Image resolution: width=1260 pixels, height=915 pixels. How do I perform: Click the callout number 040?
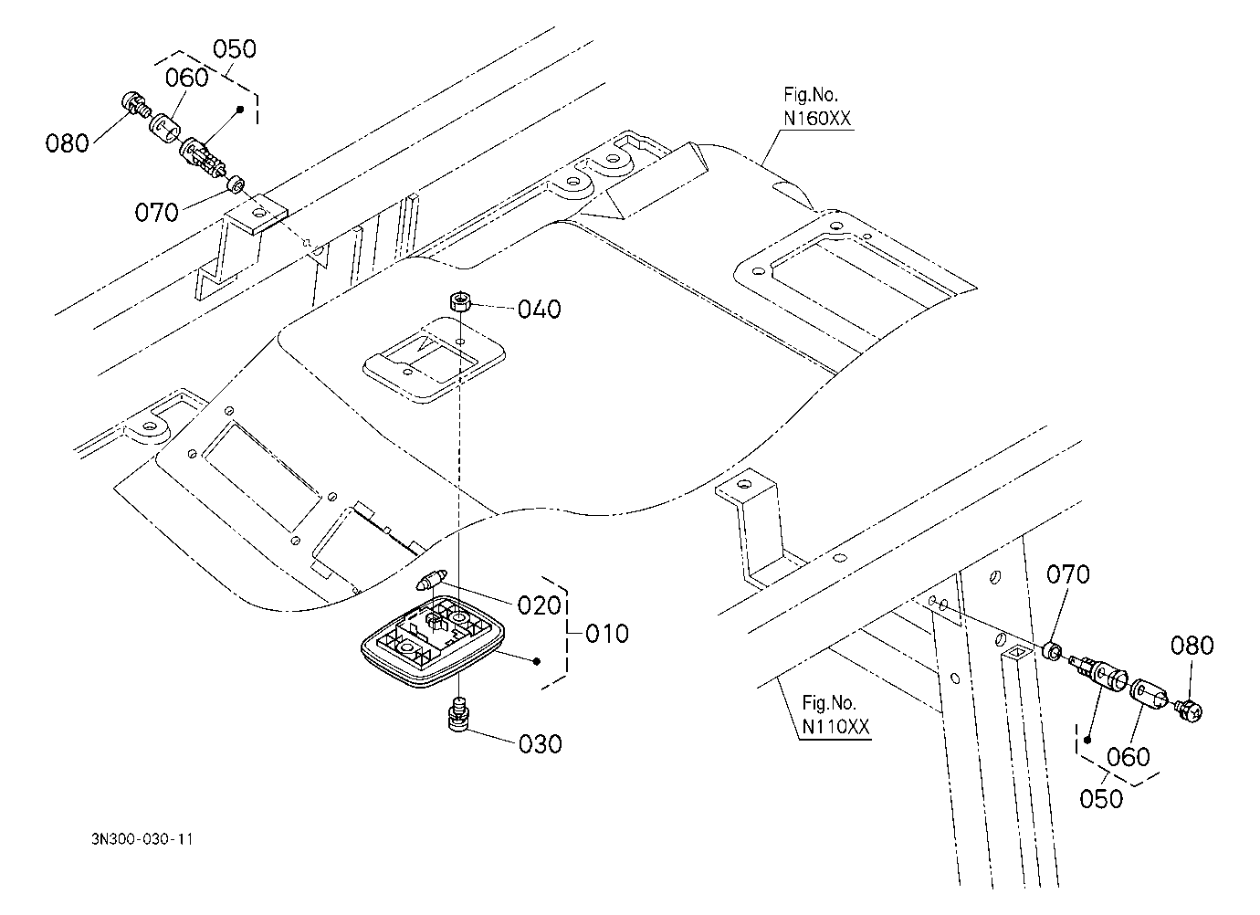click(x=539, y=310)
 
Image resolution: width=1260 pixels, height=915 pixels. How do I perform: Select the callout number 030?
click(x=540, y=744)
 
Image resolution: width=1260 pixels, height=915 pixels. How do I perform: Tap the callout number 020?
click(x=539, y=605)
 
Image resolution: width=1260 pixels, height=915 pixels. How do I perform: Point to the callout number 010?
click(x=607, y=634)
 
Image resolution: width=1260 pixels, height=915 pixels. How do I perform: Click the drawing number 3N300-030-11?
click(x=142, y=839)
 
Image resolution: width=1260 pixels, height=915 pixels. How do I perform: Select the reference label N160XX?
click(x=817, y=119)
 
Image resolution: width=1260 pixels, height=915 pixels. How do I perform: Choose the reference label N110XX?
click(x=835, y=727)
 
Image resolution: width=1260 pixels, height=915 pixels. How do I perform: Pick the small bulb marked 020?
click(x=431, y=580)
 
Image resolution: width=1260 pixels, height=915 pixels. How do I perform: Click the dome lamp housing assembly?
click(x=433, y=641)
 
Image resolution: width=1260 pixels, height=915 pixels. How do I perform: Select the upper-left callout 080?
click(x=67, y=143)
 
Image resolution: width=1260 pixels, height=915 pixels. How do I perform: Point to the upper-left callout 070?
click(x=156, y=213)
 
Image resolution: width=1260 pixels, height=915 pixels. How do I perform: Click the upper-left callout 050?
click(x=235, y=49)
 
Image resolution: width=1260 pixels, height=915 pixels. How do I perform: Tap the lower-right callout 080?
click(x=1192, y=646)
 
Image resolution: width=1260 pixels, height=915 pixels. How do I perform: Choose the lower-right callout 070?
click(x=1067, y=574)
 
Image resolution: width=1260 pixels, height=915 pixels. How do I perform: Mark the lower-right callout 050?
click(x=1101, y=799)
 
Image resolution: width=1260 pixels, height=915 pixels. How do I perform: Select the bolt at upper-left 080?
click(x=134, y=105)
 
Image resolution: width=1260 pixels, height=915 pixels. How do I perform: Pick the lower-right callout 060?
click(x=1128, y=757)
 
